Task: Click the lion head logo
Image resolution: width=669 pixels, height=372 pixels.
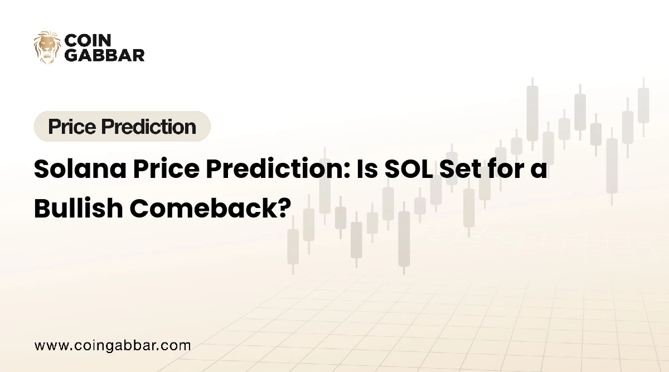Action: (47, 47)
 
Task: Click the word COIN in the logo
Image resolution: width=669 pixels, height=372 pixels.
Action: (88, 40)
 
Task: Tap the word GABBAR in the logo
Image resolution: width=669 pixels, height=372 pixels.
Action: (105, 55)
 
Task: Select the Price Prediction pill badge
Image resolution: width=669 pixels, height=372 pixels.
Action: (122, 127)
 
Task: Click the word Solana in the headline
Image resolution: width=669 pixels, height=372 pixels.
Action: (80, 169)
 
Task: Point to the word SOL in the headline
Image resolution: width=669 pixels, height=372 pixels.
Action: (409, 169)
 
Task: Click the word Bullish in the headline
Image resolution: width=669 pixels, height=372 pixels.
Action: (79, 208)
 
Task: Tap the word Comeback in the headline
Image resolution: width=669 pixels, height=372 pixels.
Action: (205, 208)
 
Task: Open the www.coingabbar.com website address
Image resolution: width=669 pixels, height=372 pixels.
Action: (113, 346)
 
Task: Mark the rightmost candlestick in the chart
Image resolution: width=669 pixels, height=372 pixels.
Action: (643, 107)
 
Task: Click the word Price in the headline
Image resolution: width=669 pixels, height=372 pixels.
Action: (166, 169)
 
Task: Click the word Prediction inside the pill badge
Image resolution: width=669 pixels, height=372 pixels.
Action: (148, 127)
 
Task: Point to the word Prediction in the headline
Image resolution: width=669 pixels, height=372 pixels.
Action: (278, 169)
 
